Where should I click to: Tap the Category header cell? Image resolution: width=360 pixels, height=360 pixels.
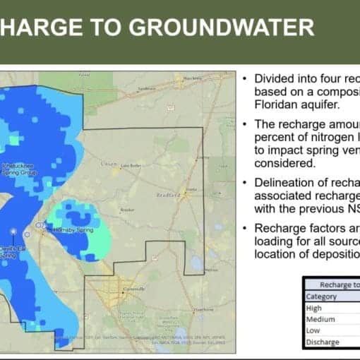click(x=321, y=297)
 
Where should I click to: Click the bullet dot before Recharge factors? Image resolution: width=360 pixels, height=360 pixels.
click(x=244, y=228)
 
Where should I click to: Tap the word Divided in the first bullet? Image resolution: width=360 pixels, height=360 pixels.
click(x=272, y=78)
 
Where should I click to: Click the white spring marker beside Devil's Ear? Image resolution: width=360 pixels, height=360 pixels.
click(x=14, y=232)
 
